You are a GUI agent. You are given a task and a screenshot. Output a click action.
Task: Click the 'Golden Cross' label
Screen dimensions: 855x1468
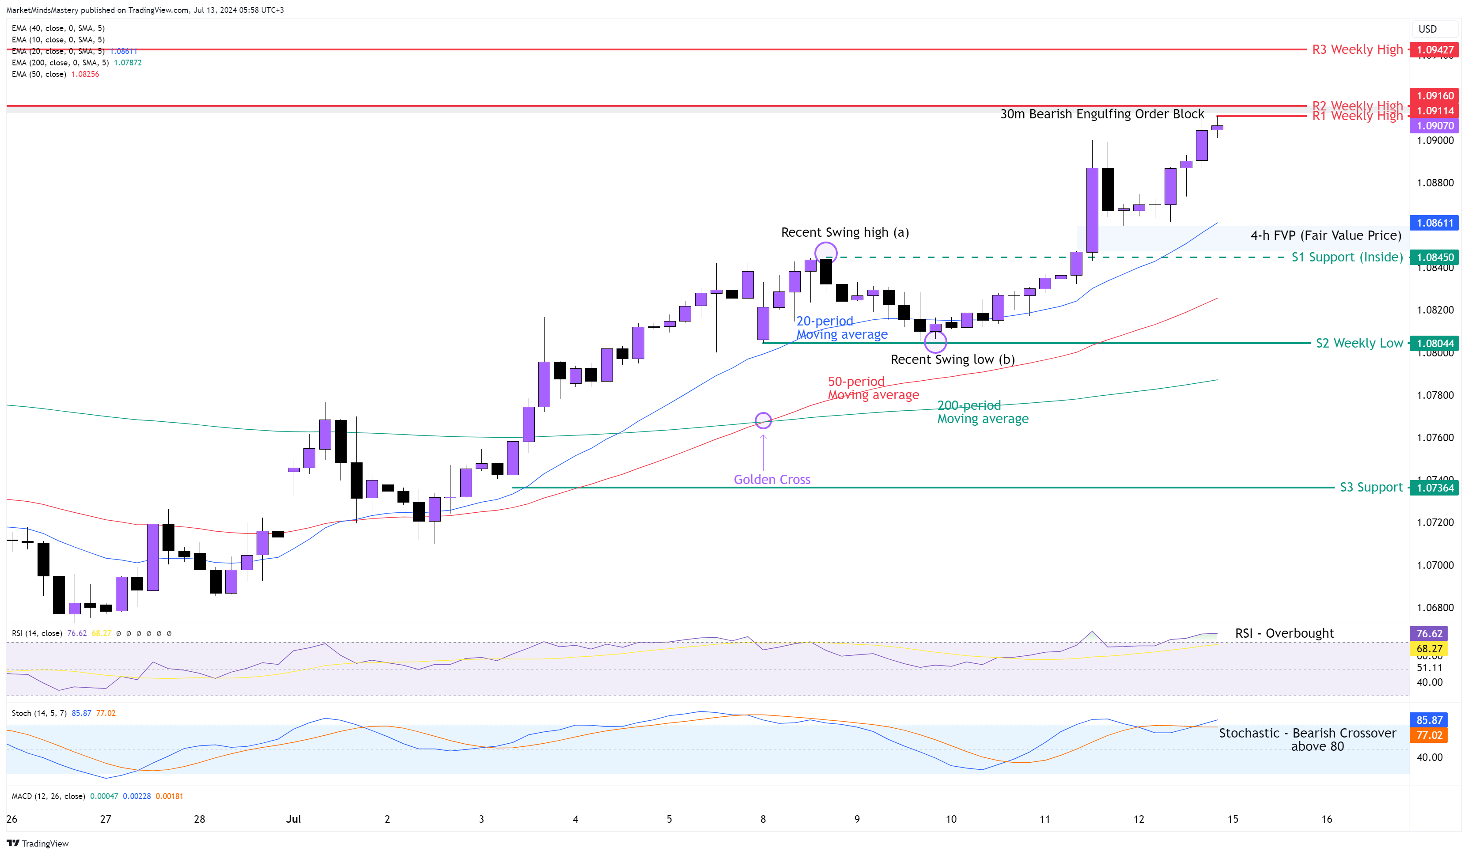pyautogui.click(x=772, y=479)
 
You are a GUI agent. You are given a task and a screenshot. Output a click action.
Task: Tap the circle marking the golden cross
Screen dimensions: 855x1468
pyautogui.click(x=763, y=420)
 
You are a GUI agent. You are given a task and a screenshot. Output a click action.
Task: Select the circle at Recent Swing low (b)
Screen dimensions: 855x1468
pyautogui.click(x=935, y=341)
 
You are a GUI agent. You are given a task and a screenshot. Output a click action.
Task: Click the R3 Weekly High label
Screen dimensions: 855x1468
pyautogui.click(x=1357, y=49)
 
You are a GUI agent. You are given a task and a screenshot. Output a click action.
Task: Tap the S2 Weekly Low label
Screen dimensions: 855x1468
pyautogui.click(x=1359, y=343)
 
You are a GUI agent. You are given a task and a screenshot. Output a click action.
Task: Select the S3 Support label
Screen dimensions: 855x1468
pyautogui.click(x=1371, y=487)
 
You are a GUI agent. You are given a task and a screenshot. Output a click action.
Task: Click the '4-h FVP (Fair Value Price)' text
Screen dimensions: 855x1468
pyautogui.click(x=1326, y=235)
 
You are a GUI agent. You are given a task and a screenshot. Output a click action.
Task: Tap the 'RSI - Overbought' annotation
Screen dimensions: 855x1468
pyautogui.click(x=1284, y=633)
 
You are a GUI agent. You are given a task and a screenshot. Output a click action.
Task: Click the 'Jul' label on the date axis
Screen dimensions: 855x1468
pyautogui.click(x=294, y=819)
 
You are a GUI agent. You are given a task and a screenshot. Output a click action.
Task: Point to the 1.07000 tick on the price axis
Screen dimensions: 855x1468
pyautogui.click(x=1435, y=565)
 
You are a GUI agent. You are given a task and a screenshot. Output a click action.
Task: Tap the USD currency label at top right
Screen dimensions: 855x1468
pyautogui.click(x=1427, y=29)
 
